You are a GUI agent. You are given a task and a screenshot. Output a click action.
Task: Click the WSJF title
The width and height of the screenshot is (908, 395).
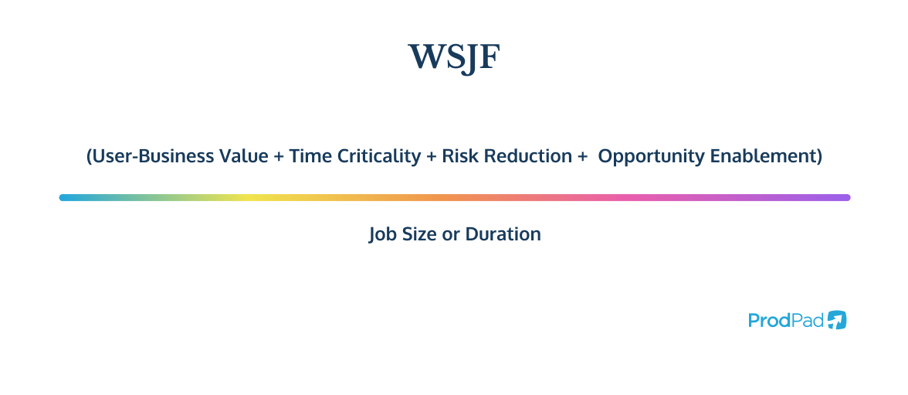tap(454, 57)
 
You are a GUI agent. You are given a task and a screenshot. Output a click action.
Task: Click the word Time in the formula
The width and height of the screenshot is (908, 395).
tap(307, 156)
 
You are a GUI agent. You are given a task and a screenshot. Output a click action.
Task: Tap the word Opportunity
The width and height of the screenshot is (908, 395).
tap(645, 156)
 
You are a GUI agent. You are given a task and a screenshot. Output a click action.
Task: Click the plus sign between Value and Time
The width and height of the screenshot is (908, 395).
tap(278, 157)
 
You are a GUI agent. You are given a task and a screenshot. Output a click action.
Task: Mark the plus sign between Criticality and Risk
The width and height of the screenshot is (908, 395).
tap(430, 157)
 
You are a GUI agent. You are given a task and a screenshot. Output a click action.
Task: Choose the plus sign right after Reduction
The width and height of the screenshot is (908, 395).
tap(581, 157)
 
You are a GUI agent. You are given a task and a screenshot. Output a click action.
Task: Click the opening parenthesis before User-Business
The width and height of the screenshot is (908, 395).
tap(89, 157)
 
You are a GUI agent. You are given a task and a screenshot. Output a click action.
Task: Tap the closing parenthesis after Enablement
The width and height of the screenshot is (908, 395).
tap(819, 157)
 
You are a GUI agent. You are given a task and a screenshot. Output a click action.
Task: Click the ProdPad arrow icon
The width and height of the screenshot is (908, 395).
tap(837, 320)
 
